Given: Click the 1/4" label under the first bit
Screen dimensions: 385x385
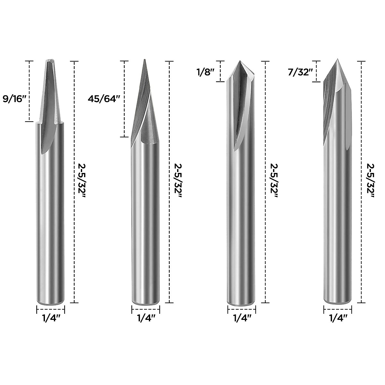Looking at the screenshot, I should pos(51,318).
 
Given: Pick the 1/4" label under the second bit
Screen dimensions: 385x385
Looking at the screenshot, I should pos(146,318).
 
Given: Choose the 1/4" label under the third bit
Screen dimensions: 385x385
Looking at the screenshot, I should pos(242,318).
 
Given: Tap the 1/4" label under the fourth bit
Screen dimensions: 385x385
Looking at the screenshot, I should pos(338,318).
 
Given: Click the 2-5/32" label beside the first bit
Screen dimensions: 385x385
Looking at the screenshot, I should pos(82,182).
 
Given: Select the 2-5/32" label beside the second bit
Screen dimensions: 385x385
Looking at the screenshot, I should pos(177,182).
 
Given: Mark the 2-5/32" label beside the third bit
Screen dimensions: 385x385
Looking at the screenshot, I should pos(273,182).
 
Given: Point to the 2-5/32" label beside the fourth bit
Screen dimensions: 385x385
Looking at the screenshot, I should pos(370,182).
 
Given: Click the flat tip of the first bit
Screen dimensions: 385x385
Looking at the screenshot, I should pos(50,60).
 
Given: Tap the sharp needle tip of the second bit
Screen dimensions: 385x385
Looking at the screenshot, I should pos(145,60).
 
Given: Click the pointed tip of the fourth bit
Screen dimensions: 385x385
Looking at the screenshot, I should pos(337,60).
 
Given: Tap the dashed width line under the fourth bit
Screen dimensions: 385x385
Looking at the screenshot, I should pos(338,310).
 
